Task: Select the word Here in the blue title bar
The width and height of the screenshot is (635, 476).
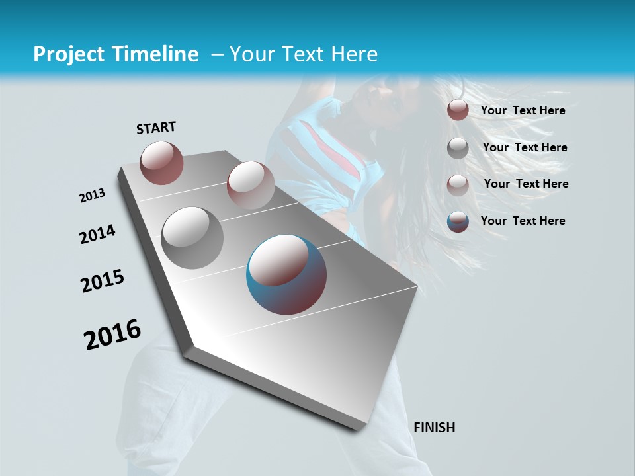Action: [x=354, y=54]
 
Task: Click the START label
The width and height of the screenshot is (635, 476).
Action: [x=156, y=128]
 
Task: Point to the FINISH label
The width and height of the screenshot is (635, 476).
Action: [x=435, y=428]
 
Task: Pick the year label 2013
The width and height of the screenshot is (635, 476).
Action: [x=93, y=196]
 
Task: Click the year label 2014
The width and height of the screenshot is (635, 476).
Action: [x=97, y=235]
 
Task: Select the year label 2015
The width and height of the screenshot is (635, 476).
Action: [x=103, y=281]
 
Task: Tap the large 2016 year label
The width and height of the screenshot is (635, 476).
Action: [x=112, y=335]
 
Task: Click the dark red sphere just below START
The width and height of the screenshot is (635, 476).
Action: [x=162, y=163]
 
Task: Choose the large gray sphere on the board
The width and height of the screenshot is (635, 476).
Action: [x=192, y=237]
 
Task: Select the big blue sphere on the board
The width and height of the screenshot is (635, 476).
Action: [x=286, y=274]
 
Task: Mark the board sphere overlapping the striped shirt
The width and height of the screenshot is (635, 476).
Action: [x=251, y=185]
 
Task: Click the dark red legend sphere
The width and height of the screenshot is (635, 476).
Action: [x=458, y=110]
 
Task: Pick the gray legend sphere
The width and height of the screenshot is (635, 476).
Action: [x=458, y=148]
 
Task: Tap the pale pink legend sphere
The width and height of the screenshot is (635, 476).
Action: [x=458, y=185]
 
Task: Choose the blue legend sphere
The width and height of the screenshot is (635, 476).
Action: [x=458, y=221]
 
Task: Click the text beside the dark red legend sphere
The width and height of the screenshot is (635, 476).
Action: [x=523, y=110]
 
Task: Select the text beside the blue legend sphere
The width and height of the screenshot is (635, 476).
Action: [x=523, y=221]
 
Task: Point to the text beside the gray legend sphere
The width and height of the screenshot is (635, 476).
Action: [x=525, y=147]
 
